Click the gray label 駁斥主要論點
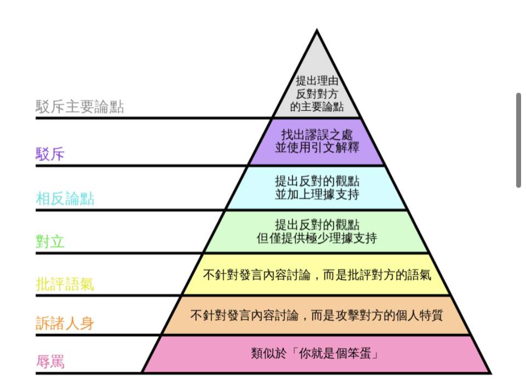(x=80, y=106)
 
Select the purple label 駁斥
(x=50, y=154)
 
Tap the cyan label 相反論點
(x=65, y=199)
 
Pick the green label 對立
(x=50, y=241)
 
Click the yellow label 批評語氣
(x=65, y=284)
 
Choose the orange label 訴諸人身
(x=65, y=323)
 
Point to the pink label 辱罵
(x=50, y=362)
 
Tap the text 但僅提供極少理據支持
(x=317, y=239)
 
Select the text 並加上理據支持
(x=317, y=194)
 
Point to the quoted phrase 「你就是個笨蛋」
(x=339, y=354)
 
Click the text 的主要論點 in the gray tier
(x=317, y=106)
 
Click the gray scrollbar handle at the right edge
(x=518, y=140)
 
